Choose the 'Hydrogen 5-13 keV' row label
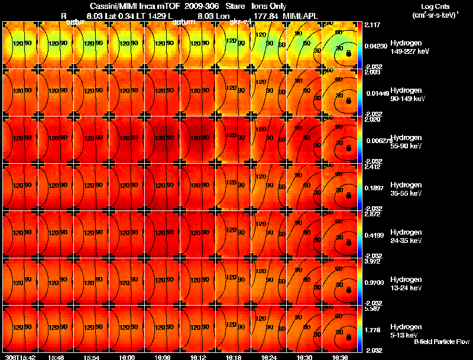click(406, 330)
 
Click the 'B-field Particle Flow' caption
click(441, 342)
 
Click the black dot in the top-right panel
click(348, 53)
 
